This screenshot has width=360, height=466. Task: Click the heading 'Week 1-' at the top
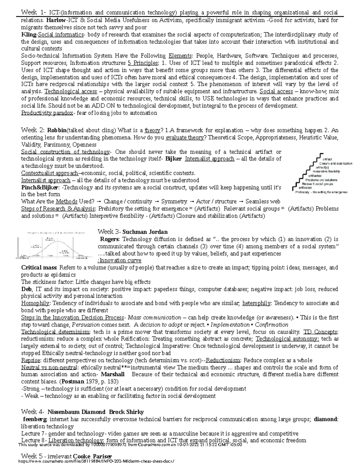coord(33,13)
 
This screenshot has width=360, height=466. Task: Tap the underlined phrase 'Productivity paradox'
coord(47,113)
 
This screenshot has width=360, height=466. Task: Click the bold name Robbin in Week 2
coord(57,131)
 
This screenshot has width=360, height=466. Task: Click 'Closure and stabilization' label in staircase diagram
coord(337,164)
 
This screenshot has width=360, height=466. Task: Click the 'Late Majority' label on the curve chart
coord(64,251)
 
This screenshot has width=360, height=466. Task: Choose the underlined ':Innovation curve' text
coord(119,260)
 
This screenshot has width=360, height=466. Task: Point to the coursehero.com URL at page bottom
coord(96,461)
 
